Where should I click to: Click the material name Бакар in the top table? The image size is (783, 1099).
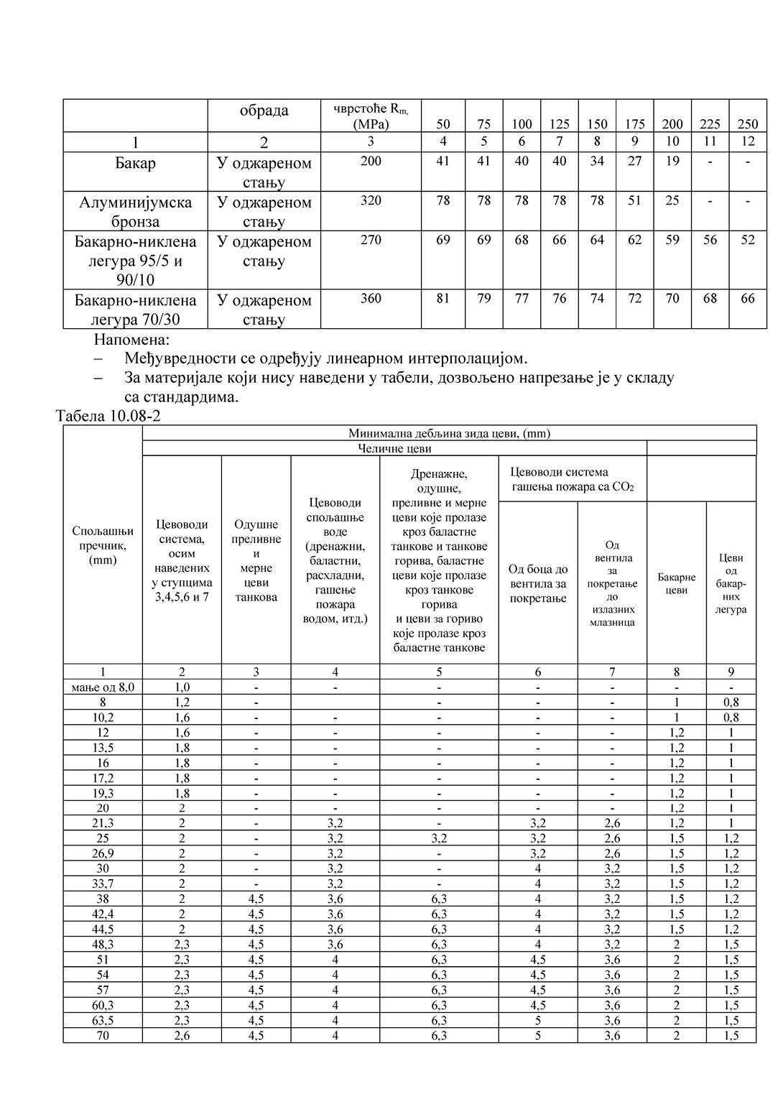(x=135, y=163)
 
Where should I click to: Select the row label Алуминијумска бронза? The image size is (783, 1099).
(x=135, y=212)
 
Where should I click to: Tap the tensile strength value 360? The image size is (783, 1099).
(x=371, y=298)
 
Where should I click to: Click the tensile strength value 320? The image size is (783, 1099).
(x=371, y=200)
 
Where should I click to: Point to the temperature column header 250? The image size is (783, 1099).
(x=748, y=124)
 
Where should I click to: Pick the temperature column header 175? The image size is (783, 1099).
(x=635, y=124)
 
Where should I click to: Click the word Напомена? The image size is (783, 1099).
(x=131, y=339)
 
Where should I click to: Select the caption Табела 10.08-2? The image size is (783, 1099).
(x=108, y=416)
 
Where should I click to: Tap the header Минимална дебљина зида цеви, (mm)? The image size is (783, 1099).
(x=449, y=433)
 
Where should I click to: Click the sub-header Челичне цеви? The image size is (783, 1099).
(x=394, y=448)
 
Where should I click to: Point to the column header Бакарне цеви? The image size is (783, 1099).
(x=677, y=583)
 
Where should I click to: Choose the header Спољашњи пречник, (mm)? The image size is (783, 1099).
(x=103, y=545)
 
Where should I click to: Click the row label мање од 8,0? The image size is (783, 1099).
(x=103, y=687)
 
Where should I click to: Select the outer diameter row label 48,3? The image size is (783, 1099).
(x=103, y=945)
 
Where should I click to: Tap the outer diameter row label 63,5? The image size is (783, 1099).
(x=103, y=1020)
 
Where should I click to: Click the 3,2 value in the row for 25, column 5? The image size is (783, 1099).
(x=439, y=838)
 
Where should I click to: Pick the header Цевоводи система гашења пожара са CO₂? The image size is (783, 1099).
(x=572, y=479)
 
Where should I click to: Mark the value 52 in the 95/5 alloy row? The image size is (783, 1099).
(x=748, y=240)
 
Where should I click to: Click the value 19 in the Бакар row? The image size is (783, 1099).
(x=672, y=162)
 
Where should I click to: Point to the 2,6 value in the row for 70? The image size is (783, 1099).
(x=182, y=1036)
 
